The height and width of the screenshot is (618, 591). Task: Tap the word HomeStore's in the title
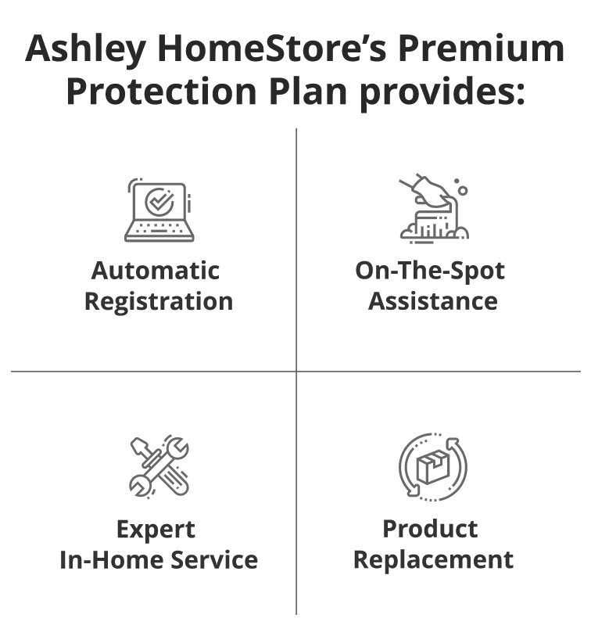pyautogui.click(x=272, y=49)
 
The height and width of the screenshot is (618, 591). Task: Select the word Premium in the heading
pyautogui.click(x=482, y=49)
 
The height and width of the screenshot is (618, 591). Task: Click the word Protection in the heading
pyautogui.click(x=162, y=92)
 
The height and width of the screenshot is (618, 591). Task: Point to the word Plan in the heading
pyautogui.click(x=308, y=92)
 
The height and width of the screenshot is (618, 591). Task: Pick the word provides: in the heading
pyautogui.click(x=442, y=94)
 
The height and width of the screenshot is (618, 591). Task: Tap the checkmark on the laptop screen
pyautogui.click(x=159, y=201)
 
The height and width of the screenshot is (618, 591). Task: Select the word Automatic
pyautogui.click(x=156, y=271)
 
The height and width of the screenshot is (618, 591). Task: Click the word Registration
pyautogui.click(x=159, y=302)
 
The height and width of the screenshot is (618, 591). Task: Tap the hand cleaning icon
pyautogui.click(x=434, y=209)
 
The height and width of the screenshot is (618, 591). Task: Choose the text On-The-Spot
pyautogui.click(x=430, y=271)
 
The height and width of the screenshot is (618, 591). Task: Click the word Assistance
pyautogui.click(x=433, y=301)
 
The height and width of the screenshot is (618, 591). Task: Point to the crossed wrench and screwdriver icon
pyautogui.click(x=159, y=467)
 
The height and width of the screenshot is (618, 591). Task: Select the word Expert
pyautogui.click(x=156, y=530)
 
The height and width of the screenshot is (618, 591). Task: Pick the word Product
pyautogui.click(x=431, y=530)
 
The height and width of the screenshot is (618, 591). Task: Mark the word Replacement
pyautogui.click(x=434, y=561)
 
